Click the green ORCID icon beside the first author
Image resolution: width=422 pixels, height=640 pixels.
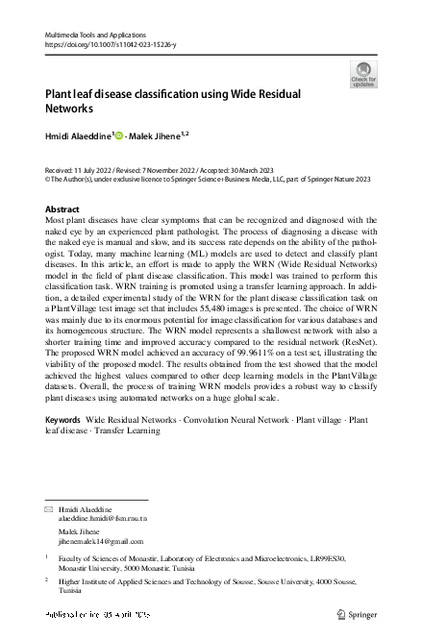119,136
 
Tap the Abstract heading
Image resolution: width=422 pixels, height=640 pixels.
63,209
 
